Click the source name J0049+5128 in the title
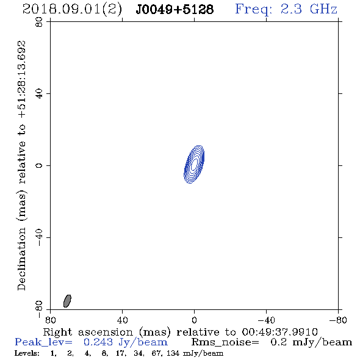click(175, 9)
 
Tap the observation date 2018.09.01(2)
click(72, 10)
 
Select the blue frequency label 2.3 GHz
click(309, 9)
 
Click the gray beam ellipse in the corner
click(67, 301)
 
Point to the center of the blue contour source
click(194, 164)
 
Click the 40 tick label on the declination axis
click(39, 94)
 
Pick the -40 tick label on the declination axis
click(39, 237)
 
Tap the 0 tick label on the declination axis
click(39, 165)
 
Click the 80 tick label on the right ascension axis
click(50, 320)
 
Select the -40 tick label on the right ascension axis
click(266, 320)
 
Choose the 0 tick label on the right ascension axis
click(194, 320)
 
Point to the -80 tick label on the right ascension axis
click(338, 320)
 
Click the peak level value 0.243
click(98, 342)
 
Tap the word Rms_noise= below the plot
click(225, 342)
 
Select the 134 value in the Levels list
click(173, 353)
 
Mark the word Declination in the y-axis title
click(21, 259)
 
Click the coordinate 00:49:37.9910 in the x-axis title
click(279, 332)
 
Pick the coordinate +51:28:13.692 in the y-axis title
click(21, 79)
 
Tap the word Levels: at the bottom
click(27, 353)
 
